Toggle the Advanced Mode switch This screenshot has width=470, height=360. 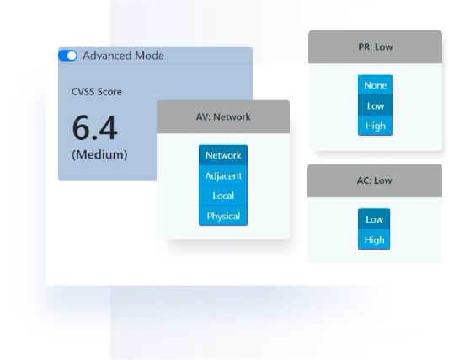coord(67,56)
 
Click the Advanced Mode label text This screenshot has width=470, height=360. coord(123,56)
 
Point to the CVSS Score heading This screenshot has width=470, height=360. coord(97,92)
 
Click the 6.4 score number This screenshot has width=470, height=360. coord(94,128)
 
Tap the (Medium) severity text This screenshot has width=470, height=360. coord(99,154)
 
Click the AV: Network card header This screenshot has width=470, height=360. coord(223,116)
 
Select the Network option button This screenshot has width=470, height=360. coord(223,155)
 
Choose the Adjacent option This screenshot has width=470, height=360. coord(223,175)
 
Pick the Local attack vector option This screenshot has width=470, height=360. coord(223,196)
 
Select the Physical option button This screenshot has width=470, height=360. coord(223,216)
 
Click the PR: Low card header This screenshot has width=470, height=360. coord(375,47)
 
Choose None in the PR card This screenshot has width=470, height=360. coord(375,85)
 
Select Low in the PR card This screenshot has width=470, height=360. coord(375,105)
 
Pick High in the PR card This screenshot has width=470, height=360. coord(375,126)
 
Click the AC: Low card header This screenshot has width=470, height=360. coord(375,180)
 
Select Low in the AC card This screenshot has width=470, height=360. coord(374,219)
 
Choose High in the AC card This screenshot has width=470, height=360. coord(374,239)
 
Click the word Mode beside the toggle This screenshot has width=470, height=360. coord(149,56)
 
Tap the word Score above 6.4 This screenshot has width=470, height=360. coord(109,92)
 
